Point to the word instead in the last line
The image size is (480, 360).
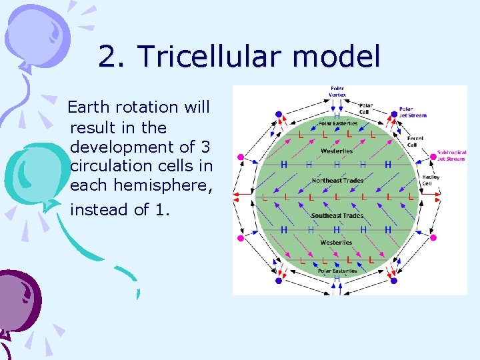tap(99, 209)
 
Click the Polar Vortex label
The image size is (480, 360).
tap(337, 91)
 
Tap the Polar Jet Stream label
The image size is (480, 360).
tap(413, 112)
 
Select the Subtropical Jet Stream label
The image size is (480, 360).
tap(452, 155)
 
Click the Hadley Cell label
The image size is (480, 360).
tap(431, 180)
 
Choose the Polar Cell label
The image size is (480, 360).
tap(366, 107)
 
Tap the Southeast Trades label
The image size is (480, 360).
tap(337, 215)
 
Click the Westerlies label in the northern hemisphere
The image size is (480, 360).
tap(337, 151)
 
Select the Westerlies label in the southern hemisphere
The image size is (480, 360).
tap(336, 243)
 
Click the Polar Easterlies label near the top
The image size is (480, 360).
tap(337, 123)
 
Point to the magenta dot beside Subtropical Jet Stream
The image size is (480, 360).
tap(433, 157)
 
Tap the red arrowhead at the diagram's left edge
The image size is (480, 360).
tap(235, 195)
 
